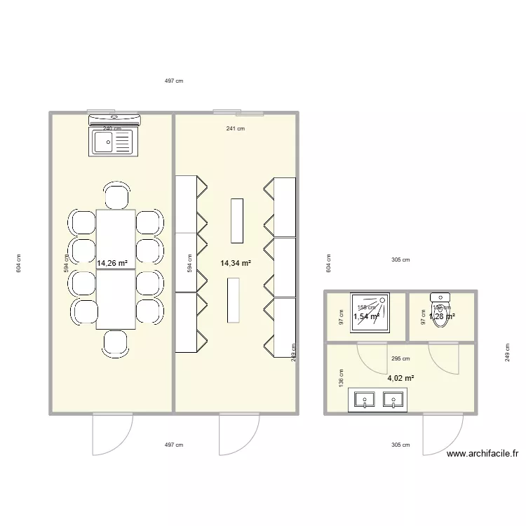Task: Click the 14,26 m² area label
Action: tap(112, 264)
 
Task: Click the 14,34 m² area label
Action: tap(236, 264)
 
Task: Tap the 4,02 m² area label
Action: tap(400, 378)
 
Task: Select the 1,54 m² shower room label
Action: tap(366, 317)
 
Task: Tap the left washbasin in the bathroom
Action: tap(365, 400)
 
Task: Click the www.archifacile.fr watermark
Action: tap(482, 454)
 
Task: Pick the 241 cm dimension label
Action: tap(236, 128)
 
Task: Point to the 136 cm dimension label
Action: tap(341, 379)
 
